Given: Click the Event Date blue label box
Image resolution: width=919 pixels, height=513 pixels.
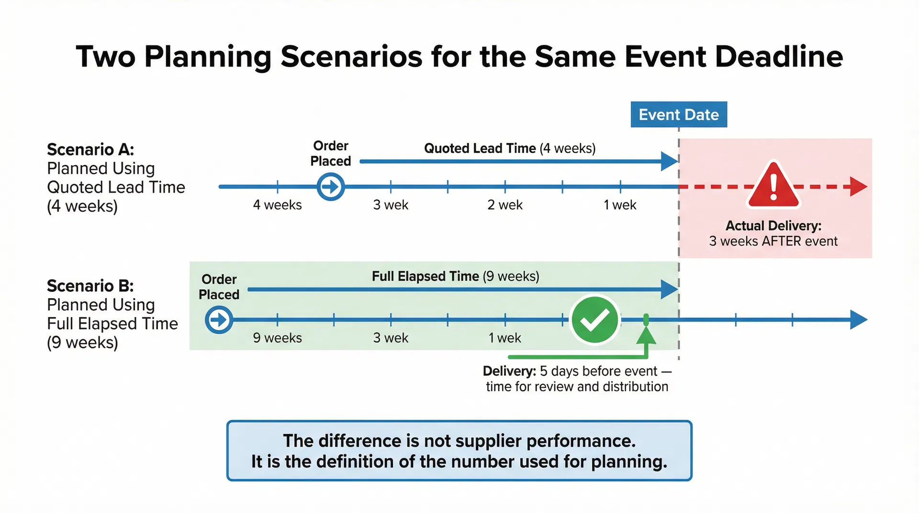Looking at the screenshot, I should pyautogui.click(x=678, y=114).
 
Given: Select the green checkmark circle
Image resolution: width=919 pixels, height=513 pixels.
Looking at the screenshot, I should pyautogui.click(x=594, y=320).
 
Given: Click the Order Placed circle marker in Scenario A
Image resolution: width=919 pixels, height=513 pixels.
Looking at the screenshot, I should pyautogui.click(x=330, y=187).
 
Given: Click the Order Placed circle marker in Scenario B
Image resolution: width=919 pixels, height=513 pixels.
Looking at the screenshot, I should pyautogui.click(x=219, y=320).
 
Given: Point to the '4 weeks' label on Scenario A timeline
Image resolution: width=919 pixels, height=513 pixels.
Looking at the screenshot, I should pyautogui.click(x=277, y=205).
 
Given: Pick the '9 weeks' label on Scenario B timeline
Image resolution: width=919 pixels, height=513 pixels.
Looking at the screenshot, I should pyautogui.click(x=277, y=338).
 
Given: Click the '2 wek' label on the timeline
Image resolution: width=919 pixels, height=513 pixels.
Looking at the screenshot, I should pyautogui.click(x=505, y=205).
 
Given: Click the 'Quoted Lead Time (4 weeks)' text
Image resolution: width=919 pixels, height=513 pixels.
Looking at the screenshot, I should pyautogui.click(x=510, y=148).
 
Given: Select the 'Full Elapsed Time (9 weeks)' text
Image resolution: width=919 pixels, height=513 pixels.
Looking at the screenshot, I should pyautogui.click(x=455, y=277).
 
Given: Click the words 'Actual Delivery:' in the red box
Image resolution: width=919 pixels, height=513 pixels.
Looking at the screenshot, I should pyautogui.click(x=773, y=225).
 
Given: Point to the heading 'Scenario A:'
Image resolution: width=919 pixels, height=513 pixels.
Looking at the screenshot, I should pyautogui.click(x=90, y=150).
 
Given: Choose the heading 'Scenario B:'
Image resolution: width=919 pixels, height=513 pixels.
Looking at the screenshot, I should pyautogui.click(x=90, y=286).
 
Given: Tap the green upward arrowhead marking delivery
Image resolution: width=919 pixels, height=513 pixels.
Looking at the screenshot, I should pyautogui.click(x=646, y=336).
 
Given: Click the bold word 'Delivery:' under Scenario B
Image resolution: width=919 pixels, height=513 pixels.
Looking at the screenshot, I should pyautogui.click(x=509, y=371).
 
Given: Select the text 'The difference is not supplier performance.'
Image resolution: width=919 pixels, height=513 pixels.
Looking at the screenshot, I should pyautogui.click(x=459, y=441).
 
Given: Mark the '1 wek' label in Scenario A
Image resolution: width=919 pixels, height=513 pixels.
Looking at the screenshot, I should pyautogui.click(x=620, y=205).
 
